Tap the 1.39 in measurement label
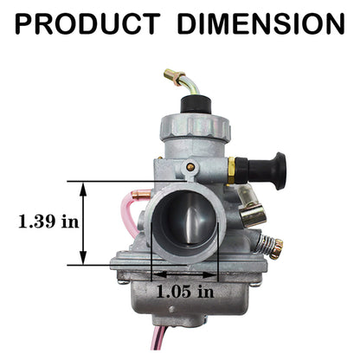click(49, 221)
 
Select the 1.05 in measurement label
click(185, 292)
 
